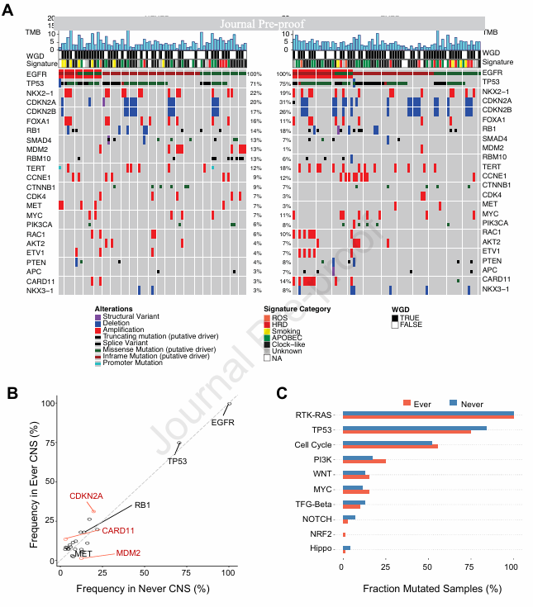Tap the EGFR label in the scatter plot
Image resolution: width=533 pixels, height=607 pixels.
[x=223, y=422]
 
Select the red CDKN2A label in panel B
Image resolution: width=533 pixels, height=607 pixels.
[x=86, y=496]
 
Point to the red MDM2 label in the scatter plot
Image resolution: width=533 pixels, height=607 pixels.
[x=128, y=552]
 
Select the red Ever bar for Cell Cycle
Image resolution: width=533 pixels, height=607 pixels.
[x=402, y=446]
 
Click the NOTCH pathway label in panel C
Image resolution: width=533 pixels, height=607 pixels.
[x=322, y=519]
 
